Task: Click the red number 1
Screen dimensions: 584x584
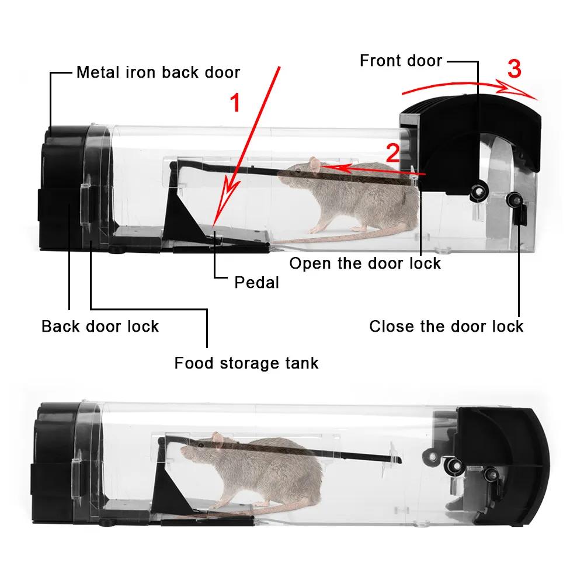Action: click(235, 103)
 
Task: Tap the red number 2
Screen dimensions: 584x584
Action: click(393, 153)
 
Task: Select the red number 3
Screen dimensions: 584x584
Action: click(513, 69)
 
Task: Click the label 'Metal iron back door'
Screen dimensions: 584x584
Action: click(158, 72)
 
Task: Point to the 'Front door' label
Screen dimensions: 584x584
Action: click(401, 60)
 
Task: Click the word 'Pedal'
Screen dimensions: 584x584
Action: click(256, 283)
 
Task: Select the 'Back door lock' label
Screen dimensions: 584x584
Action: click(100, 326)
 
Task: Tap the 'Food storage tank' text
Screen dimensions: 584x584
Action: click(246, 363)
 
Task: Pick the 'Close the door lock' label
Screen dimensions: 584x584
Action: click(446, 326)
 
